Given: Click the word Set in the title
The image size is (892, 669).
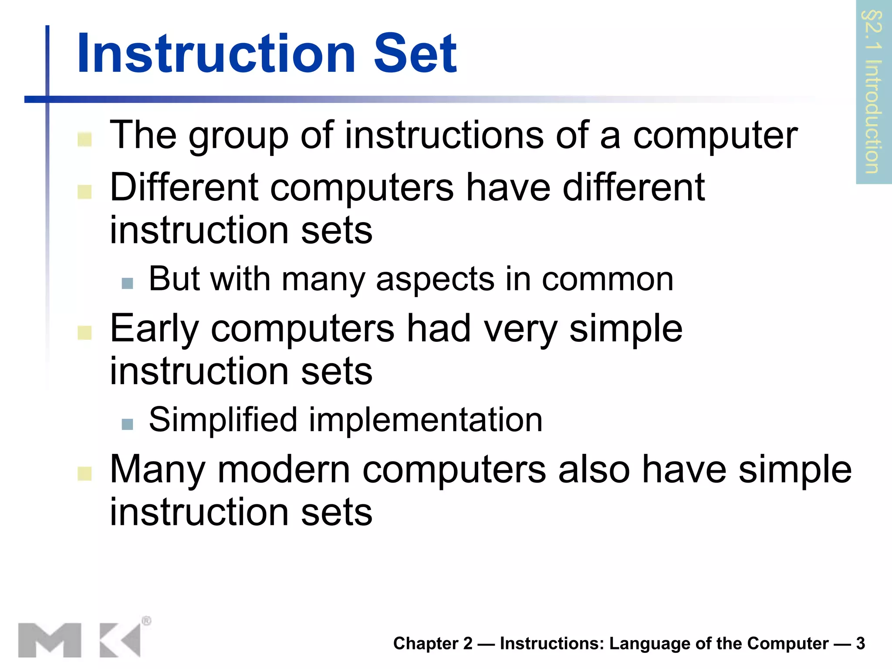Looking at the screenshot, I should (415, 54).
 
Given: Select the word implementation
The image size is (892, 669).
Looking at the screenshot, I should (426, 420).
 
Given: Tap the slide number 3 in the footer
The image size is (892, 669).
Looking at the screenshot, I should (860, 643).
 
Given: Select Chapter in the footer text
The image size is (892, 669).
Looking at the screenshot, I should (426, 643).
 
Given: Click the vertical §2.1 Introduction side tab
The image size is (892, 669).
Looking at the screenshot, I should (873, 92).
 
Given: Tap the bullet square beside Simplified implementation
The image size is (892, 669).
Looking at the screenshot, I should (127, 424).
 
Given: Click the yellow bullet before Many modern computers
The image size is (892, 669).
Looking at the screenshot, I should (84, 474).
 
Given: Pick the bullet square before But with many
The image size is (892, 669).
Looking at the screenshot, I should (127, 283).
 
